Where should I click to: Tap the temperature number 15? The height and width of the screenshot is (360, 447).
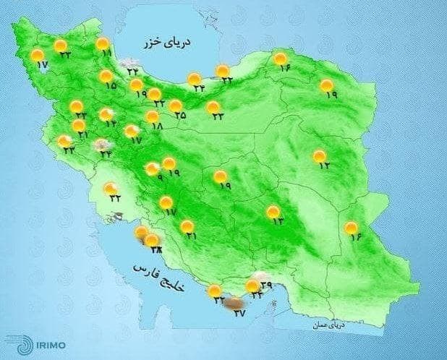[x=111, y=86]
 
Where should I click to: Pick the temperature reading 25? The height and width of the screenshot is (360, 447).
[x=180, y=115]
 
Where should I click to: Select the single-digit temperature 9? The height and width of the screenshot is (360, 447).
[x=159, y=178]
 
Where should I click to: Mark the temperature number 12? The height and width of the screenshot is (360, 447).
[x=324, y=166]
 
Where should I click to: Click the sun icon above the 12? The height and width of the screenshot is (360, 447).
[x=320, y=155]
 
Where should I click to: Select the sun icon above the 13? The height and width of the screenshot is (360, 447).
[x=273, y=211]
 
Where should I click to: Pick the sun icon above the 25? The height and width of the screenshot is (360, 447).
[x=176, y=106]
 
